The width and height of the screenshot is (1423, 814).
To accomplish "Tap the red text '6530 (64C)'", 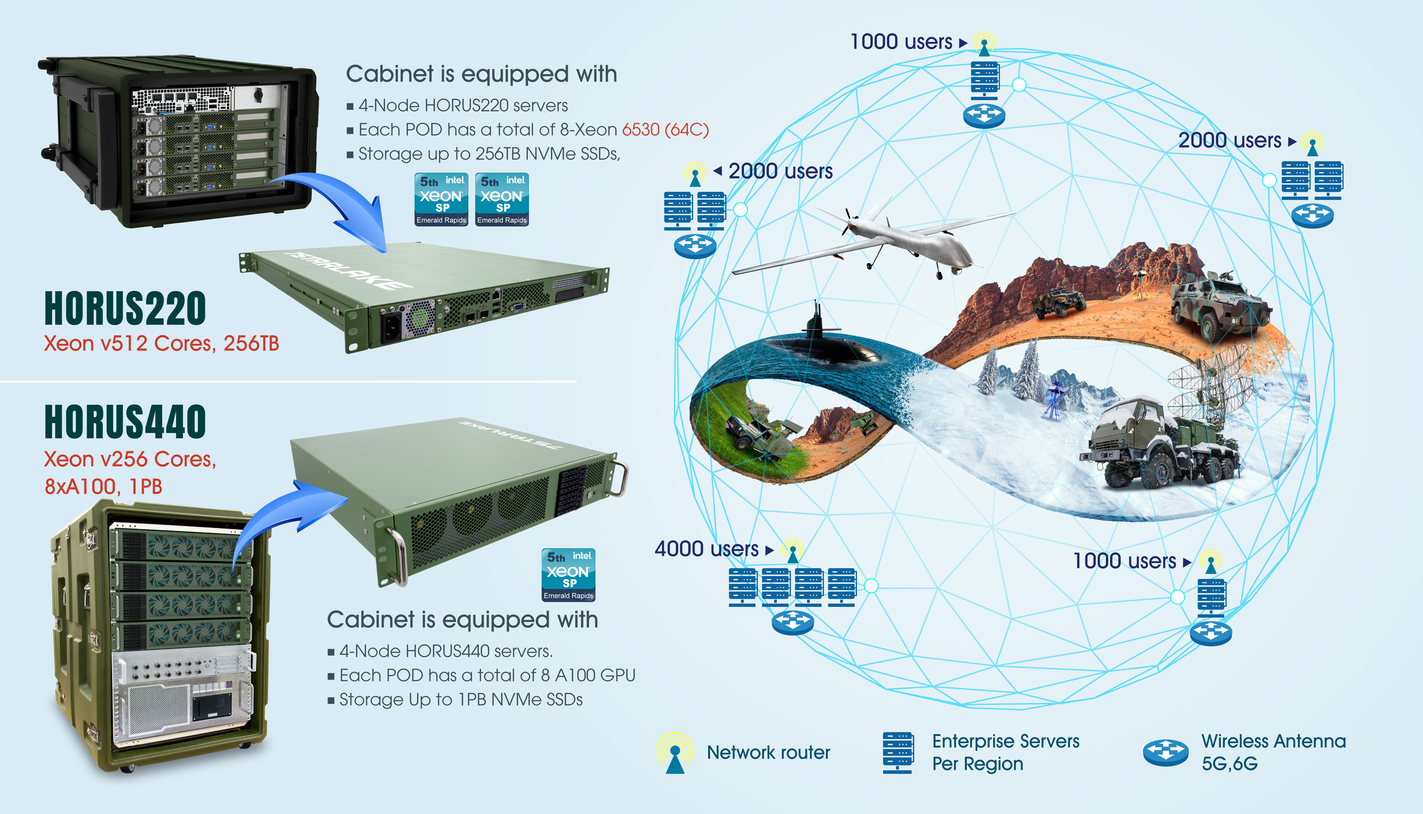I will [x=665, y=130].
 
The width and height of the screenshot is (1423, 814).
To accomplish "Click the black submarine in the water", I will [x=827, y=341].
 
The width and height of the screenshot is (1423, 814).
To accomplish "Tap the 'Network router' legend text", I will [x=768, y=752].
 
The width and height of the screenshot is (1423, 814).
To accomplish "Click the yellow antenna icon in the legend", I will [x=675, y=752].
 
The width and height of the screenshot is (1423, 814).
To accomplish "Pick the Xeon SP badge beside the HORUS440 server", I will [x=568, y=575].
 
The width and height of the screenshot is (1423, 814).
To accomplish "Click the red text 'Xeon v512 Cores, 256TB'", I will [x=161, y=343].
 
